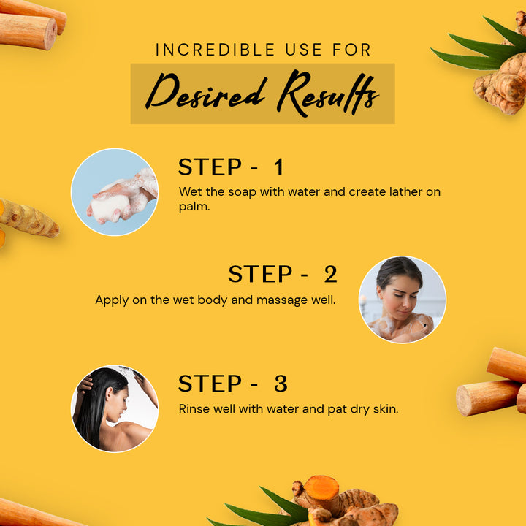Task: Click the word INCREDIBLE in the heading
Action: click(216, 50)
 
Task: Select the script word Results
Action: click(328, 93)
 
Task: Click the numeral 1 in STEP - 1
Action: click(279, 167)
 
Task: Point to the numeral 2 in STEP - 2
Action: click(330, 274)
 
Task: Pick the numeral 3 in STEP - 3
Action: click(281, 384)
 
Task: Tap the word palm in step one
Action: click(194, 207)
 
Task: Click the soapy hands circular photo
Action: click(115, 192)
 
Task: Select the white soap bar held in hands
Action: click(109, 208)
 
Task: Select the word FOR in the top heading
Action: click(351, 50)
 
